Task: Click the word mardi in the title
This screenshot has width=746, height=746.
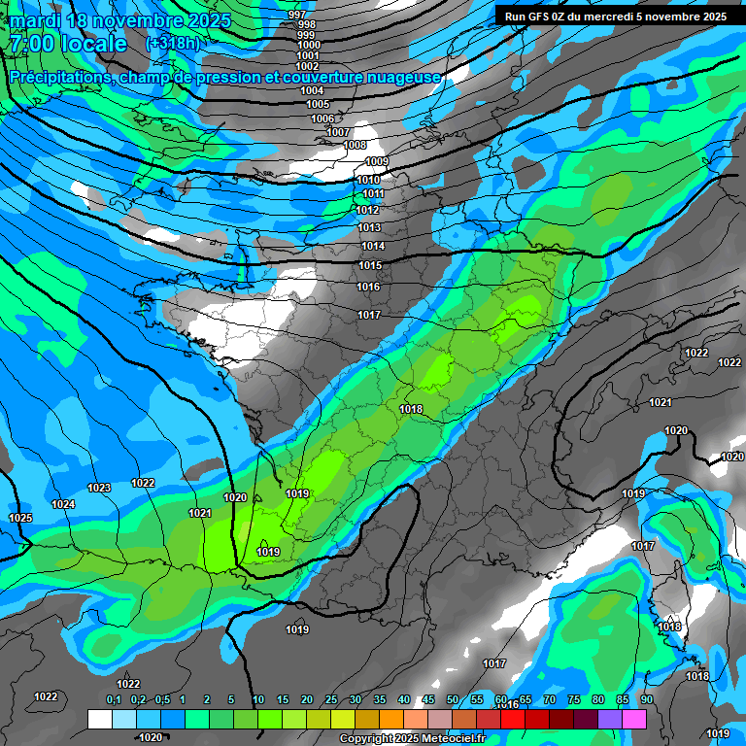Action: [x=34, y=20]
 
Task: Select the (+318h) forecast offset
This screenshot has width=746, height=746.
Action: [x=173, y=44]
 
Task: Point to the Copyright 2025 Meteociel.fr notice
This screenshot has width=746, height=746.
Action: [x=412, y=738]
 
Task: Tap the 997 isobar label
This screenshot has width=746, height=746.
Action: [x=297, y=15]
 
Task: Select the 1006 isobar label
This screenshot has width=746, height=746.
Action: [x=322, y=119]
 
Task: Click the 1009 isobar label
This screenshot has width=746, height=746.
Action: [x=377, y=161]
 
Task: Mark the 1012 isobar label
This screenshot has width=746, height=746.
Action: [x=367, y=210]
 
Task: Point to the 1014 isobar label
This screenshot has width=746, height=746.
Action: [x=373, y=247]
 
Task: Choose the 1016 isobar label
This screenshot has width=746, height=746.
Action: [x=368, y=287]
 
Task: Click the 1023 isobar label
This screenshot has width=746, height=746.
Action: [x=99, y=488]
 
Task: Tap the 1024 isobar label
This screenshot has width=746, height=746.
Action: [x=64, y=504]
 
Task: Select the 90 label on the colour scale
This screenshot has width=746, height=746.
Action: [x=646, y=700]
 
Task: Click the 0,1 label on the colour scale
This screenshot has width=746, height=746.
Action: [x=114, y=700]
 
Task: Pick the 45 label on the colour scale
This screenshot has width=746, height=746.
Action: [x=428, y=700]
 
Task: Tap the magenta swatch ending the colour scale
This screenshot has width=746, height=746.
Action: [x=634, y=719]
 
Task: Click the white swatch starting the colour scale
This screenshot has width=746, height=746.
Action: [x=99, y=719]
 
